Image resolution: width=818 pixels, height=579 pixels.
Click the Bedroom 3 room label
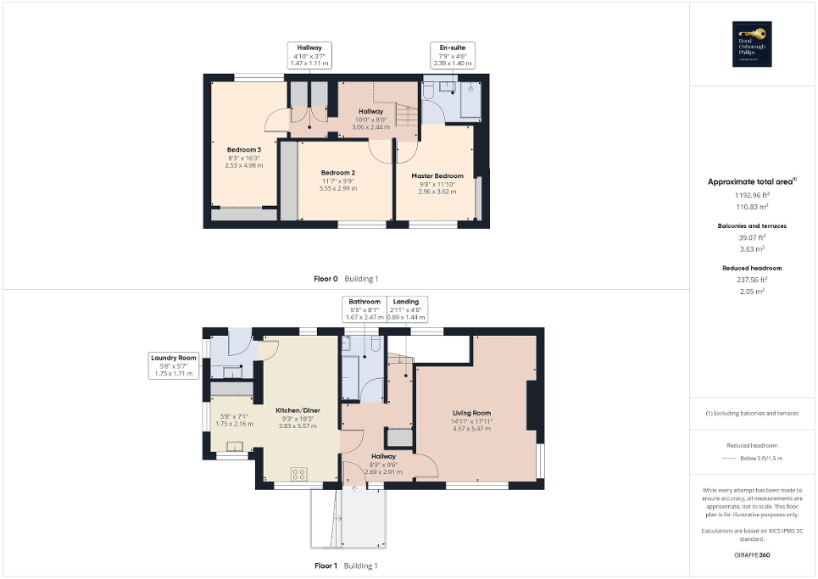(x=243, y=150)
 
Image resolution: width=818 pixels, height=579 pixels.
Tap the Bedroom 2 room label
(x=337, y=173)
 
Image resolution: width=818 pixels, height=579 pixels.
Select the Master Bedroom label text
(x=437, y=176)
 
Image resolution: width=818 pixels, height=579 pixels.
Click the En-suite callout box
(x=452, y=55)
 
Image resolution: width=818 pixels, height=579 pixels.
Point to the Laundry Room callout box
(x=174, y=365)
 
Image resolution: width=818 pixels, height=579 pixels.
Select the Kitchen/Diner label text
(x=298, y=409)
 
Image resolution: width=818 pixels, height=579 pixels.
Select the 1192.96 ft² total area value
(x=752, y=195)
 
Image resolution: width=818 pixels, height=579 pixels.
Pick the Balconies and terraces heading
(x=752, y=226)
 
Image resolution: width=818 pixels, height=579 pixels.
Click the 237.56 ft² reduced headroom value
(x=752, y=279)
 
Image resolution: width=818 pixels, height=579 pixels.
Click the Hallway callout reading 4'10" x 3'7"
(x=309, y=55)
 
